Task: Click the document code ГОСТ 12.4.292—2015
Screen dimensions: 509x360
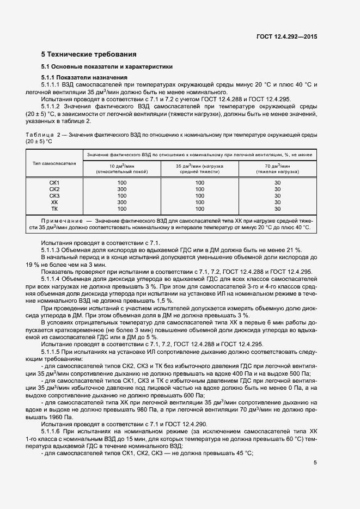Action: (x=286, y=36)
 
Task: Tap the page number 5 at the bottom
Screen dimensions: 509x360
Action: (x=315, y=463)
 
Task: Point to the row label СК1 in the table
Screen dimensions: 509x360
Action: (x=54, y=182)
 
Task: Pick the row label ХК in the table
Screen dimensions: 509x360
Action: (x=54, y=202)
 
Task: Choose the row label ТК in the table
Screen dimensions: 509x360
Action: (x=54, y=208)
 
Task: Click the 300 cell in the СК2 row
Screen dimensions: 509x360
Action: (x=122, y=189)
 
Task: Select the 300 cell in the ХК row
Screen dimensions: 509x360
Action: (x=122, y=202)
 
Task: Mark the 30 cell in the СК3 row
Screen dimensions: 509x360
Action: (x=277, y=195)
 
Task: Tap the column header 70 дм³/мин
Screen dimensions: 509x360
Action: (x=277, y=165)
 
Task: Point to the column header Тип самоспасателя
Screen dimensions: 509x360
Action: (x=54, y=163)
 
